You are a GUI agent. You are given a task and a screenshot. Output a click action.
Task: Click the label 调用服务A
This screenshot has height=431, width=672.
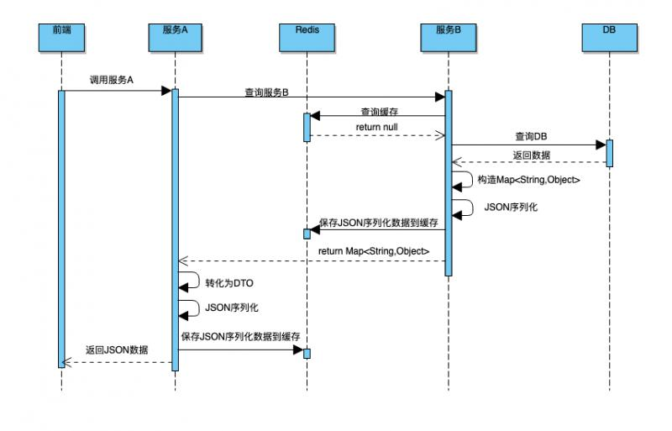[113, 81]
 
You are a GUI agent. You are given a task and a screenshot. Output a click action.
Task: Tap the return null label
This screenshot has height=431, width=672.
[376, 127]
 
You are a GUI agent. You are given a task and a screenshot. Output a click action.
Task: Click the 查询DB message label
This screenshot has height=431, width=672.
[533, 136]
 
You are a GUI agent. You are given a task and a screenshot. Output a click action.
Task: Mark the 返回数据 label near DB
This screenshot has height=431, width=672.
[532, 155]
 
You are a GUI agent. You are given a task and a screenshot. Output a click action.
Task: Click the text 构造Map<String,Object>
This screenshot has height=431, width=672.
[528, 180]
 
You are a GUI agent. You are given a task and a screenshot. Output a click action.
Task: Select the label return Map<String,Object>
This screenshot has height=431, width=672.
[374, 251]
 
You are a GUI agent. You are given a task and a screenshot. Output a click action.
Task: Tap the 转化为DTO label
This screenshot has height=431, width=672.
[228, 283]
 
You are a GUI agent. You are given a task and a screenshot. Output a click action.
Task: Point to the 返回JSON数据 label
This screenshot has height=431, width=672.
[116, 350]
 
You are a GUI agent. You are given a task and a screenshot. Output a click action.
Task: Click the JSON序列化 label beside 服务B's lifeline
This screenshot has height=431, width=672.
[511, 206]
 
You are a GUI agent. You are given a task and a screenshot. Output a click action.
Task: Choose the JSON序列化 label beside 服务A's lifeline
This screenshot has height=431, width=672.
[232, 307]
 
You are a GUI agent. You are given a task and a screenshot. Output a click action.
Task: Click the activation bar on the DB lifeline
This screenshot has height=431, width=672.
[609, 153]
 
